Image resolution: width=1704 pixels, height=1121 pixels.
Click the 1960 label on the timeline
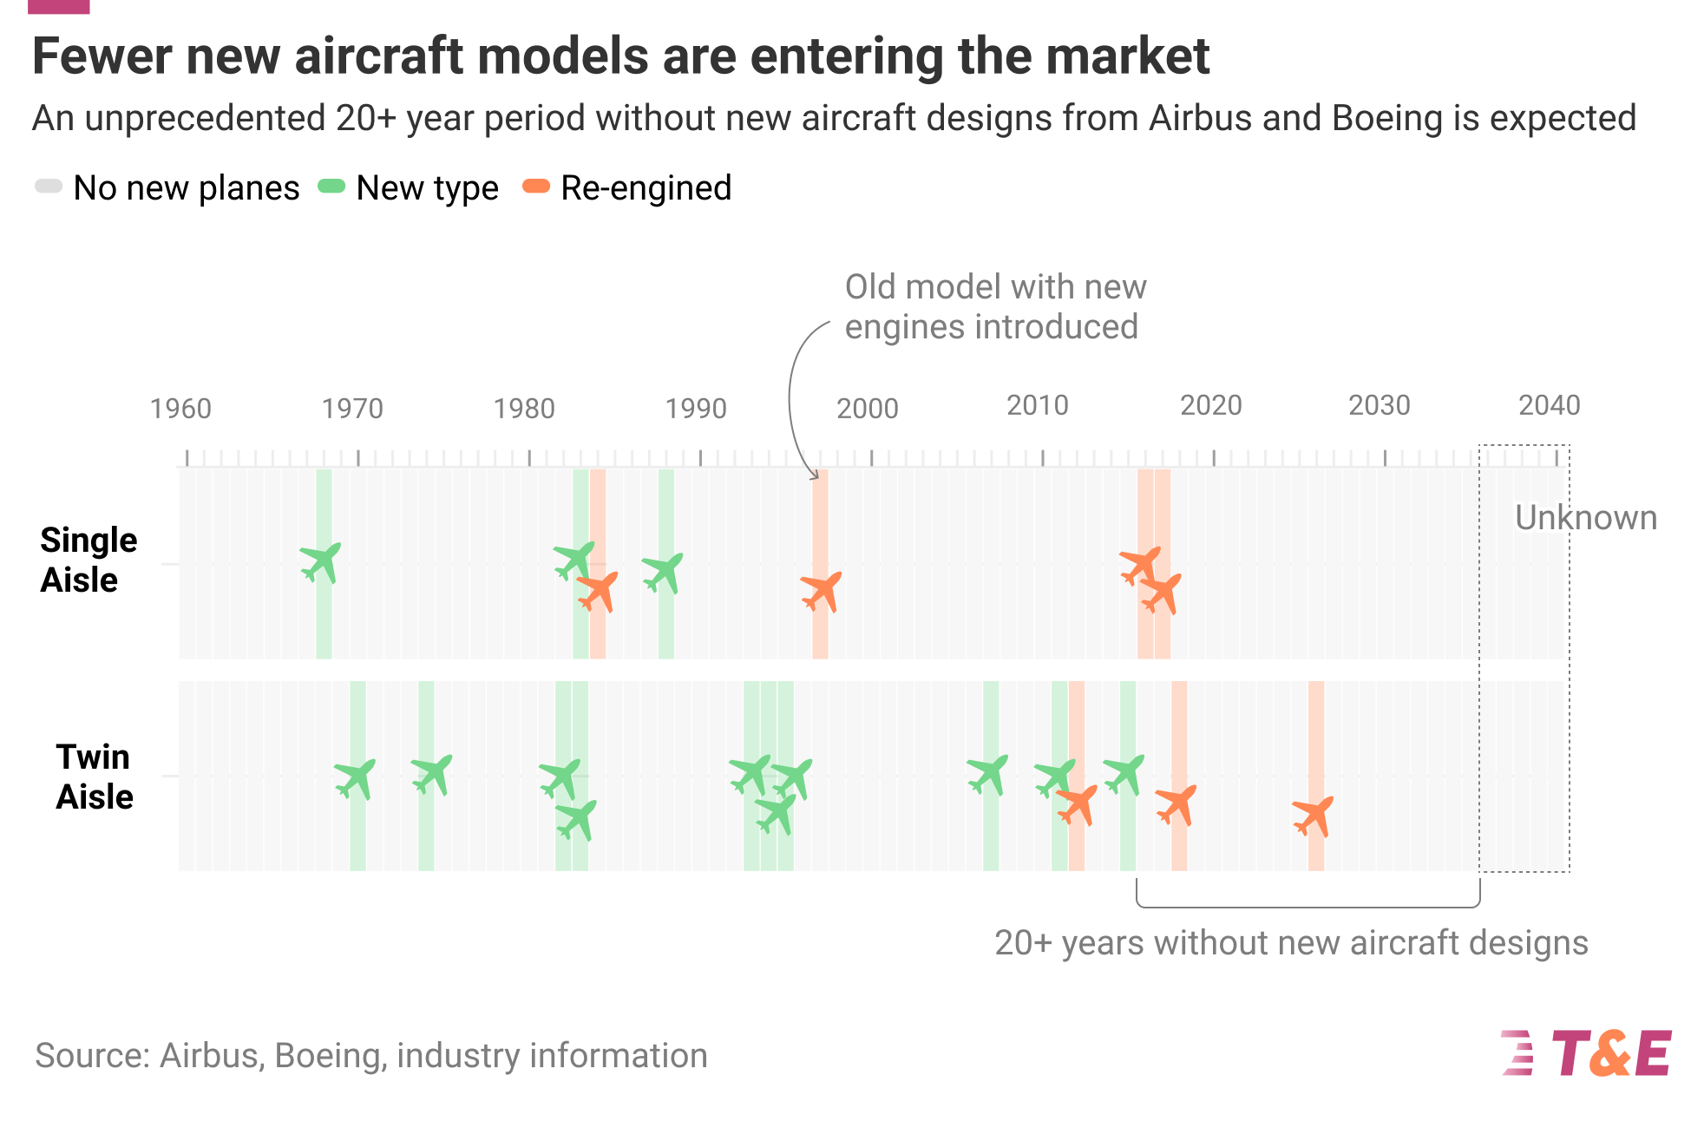[x=180, y=408]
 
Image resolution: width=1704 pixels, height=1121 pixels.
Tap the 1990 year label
[x=695, y=408]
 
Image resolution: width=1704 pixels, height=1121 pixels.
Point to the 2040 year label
[x=1549, y=404]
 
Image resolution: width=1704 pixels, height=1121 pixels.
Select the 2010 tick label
[x=1037, y=404]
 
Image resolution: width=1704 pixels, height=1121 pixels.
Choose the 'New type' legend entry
[x=409, y=187]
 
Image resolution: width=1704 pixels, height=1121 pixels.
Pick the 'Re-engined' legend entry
[x=627, y=187]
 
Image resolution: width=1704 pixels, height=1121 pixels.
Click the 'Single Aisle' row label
[x=88, y=560]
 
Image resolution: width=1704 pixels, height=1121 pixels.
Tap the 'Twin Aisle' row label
[x=94, y=777]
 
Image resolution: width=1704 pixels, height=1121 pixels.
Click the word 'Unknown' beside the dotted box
[x=1585, y=517]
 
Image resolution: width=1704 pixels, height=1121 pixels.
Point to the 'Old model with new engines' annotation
[x=995, y=306]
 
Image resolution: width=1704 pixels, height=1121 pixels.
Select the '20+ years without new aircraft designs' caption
[x=1290, y=942]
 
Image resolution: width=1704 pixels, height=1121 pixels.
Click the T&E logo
[x=1587, y=1053]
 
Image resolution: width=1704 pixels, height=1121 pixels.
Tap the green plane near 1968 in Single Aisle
[x=321, y=562]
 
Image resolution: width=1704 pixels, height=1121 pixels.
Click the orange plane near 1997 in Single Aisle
[x=822, y=592]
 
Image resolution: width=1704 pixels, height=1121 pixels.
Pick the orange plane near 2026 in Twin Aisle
[x=1314, y=816]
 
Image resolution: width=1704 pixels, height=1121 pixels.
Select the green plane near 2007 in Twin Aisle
[x=988, y=774]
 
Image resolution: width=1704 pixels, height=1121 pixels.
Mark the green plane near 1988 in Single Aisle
[x=663, y=573]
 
